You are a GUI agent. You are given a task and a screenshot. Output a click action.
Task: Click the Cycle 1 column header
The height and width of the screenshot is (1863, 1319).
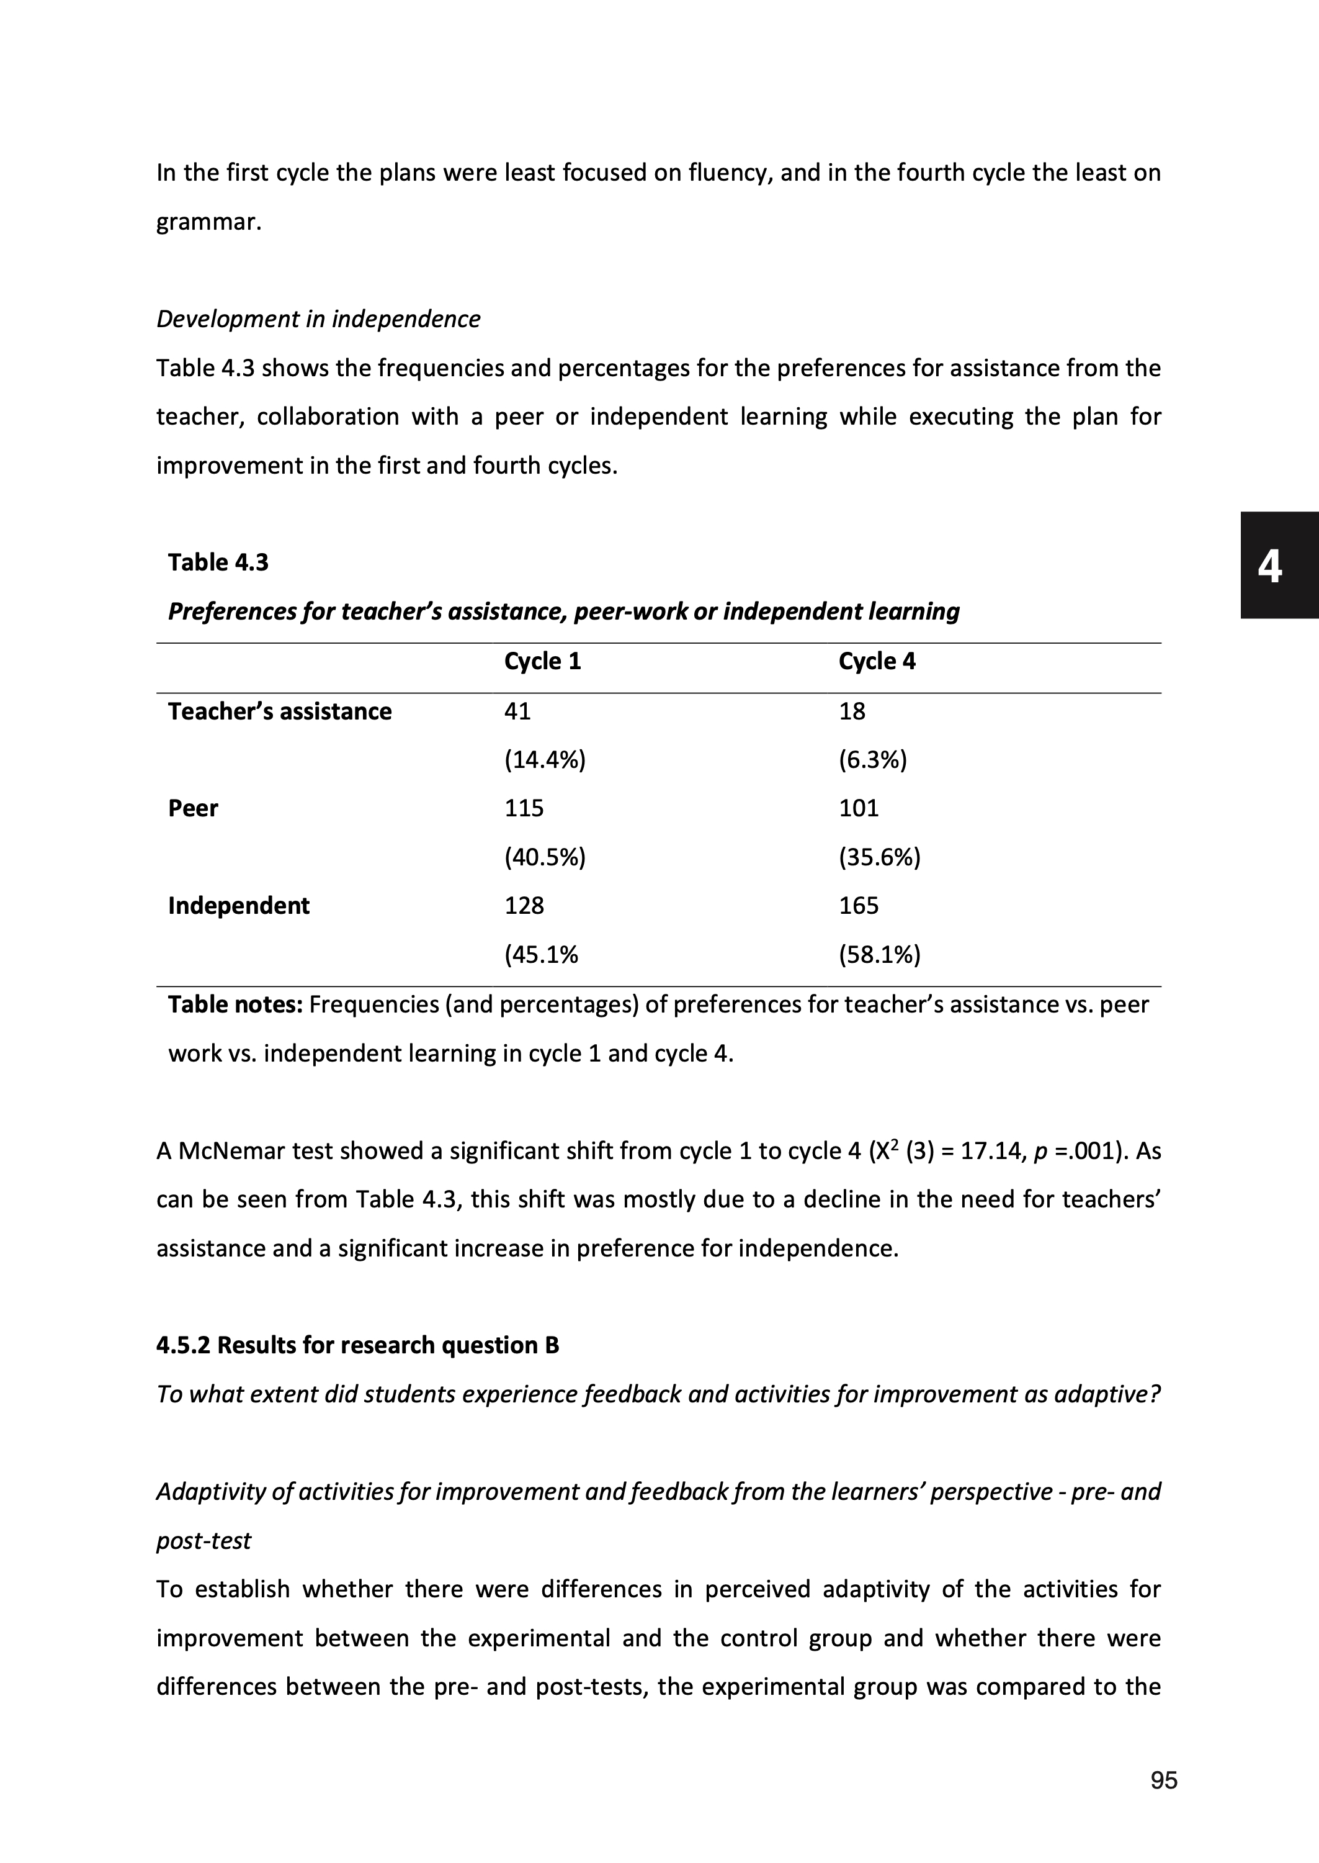(542, 661)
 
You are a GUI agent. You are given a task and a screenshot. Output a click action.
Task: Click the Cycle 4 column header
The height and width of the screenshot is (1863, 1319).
(877, 661)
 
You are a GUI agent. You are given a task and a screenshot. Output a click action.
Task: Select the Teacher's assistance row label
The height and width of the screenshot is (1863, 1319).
(279, 711)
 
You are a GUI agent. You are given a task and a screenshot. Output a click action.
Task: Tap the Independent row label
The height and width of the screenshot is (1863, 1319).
(238, 906)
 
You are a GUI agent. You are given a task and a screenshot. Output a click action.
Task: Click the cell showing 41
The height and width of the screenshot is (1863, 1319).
(517, 711)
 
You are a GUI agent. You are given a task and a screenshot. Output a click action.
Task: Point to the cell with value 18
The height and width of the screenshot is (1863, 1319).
(852, 711)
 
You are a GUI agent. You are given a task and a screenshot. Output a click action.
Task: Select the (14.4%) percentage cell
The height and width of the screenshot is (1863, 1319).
(544, 760)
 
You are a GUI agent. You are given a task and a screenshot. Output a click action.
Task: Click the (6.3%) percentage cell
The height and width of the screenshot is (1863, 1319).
(872, 760)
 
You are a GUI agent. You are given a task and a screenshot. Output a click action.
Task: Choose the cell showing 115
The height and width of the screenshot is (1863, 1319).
(524, 808)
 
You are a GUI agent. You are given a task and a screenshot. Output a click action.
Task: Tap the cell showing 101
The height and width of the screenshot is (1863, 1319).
(859, 808)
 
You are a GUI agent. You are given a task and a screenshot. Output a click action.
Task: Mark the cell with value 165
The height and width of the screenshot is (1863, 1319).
(859, 906)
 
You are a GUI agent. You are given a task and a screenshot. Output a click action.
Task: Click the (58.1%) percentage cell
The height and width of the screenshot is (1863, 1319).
(880, 955)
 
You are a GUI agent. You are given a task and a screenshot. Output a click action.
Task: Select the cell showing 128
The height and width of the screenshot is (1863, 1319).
(524, 906)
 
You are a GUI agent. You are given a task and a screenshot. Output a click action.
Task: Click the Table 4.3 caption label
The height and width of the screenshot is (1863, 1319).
(218, 562)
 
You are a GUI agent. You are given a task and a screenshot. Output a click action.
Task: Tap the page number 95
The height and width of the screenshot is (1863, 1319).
(1164, 1781)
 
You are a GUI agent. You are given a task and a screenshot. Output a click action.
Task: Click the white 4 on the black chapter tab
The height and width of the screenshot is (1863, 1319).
(1269, 566)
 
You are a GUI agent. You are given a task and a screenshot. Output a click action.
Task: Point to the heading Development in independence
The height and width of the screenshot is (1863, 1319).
(318, 319)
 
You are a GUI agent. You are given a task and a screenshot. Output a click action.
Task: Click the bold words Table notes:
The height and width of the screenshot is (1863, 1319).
(235, 1005)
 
